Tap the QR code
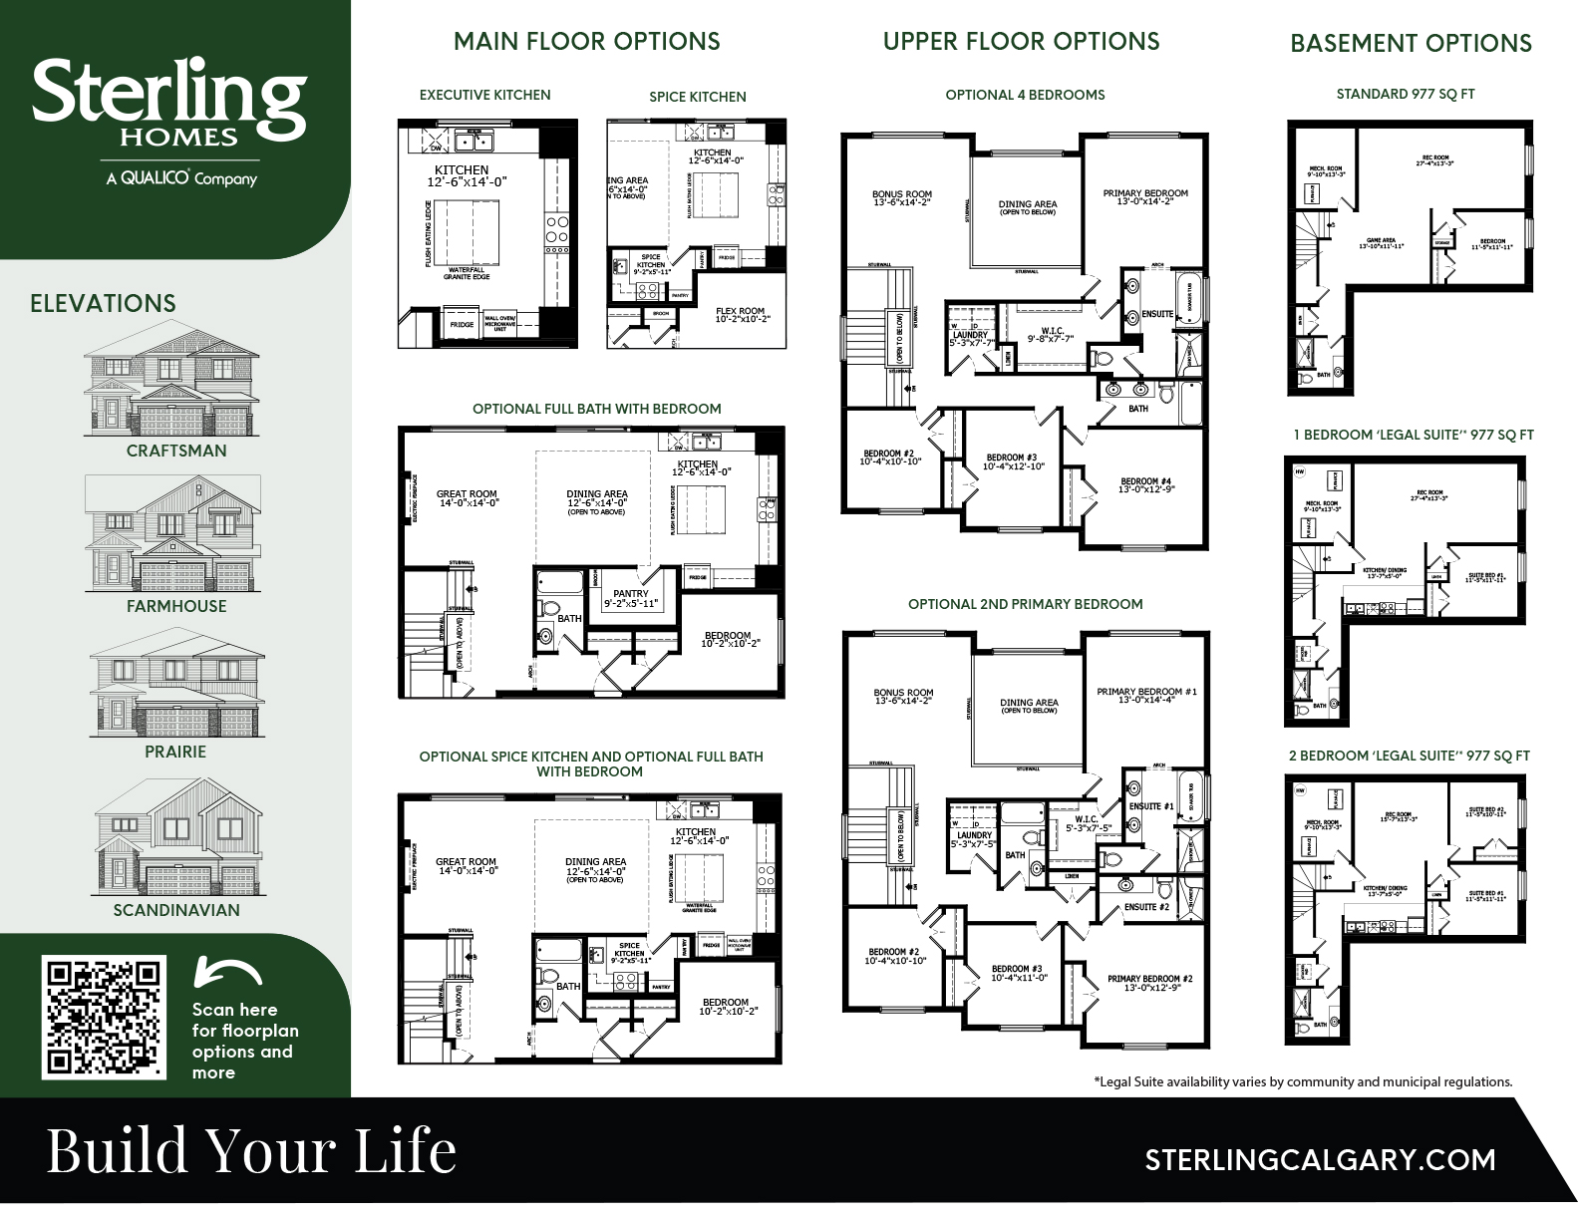[x=104, y=1017]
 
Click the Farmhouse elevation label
[x=176, y=606]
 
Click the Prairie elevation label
[x=175, y=752]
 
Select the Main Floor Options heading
[x=586, y=42]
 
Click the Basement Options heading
[x=1411, y=43]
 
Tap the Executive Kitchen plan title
[x=484, y=95]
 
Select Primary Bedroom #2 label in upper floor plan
[x=1149, y=983]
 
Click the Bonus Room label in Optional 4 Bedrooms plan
[x=901, y=198]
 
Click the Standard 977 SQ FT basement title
[x=1406, y=94]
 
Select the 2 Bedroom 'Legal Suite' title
[x=1409, y=756]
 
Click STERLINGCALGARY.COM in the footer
[x=1320, y=1160]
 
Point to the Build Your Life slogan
[x=251, y=1149]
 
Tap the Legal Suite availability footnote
[x=1303, y=1081]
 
